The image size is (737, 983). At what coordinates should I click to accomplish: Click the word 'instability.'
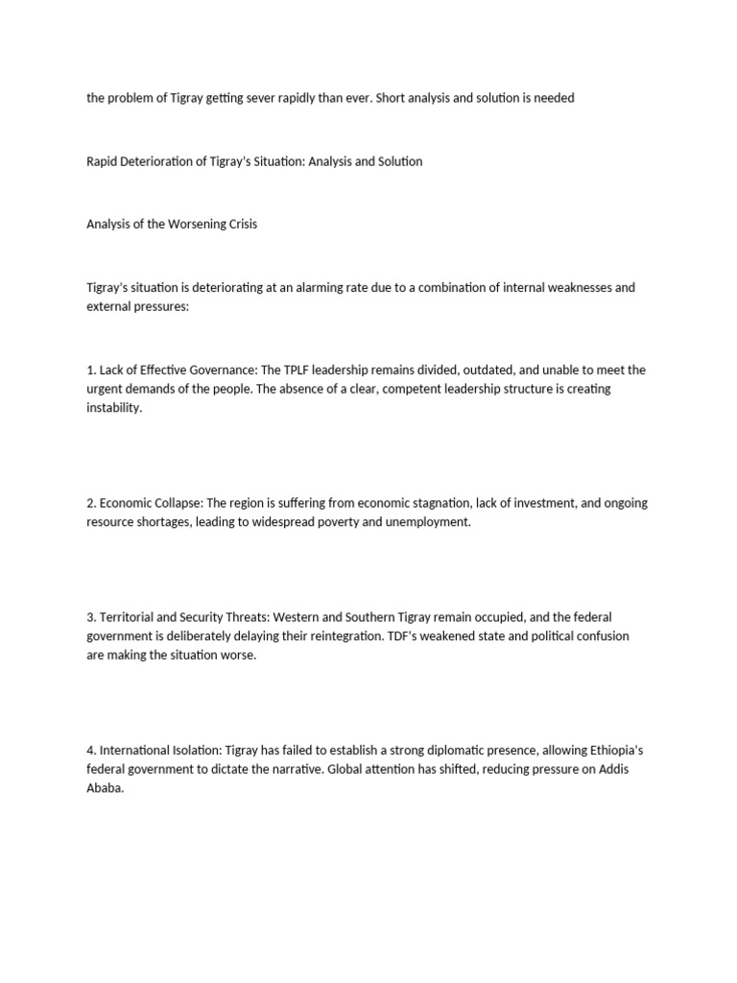(113, 407)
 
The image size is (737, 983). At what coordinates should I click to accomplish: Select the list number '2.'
(92, 503)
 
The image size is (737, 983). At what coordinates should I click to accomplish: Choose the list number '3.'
(92, 617)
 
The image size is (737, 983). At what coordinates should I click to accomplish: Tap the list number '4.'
(92, 750)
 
